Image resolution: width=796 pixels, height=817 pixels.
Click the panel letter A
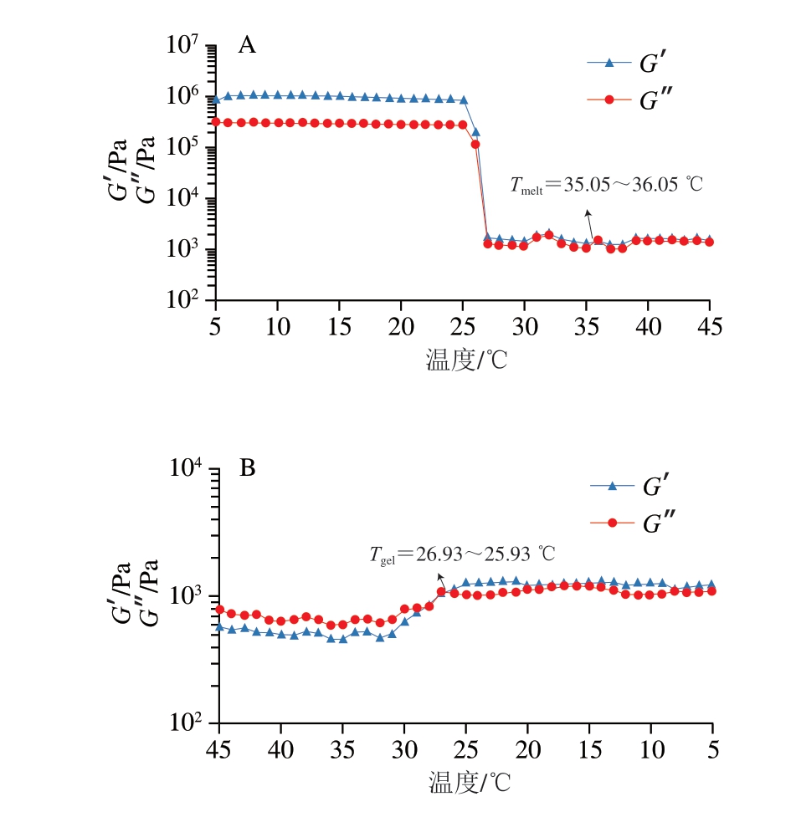[247, 46]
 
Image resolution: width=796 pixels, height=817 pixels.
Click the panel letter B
[248, 469]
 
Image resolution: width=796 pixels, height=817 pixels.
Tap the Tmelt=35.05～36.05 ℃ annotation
[606, 186]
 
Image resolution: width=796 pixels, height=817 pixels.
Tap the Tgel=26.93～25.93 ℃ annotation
[463, 554]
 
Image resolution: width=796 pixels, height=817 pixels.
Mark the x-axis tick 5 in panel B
[712, 748]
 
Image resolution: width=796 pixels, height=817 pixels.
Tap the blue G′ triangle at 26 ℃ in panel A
[475, 132]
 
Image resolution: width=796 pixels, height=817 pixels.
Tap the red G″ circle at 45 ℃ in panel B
[219, 610]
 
